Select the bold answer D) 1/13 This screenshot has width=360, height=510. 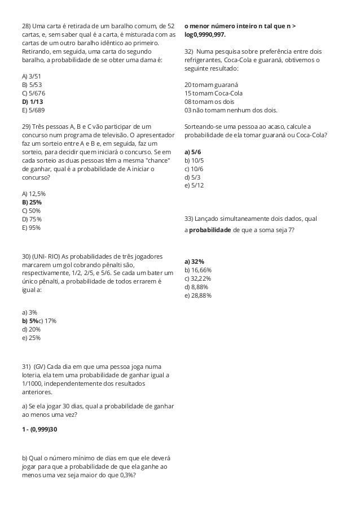[32, 102]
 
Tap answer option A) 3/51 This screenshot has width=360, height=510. [32, 76]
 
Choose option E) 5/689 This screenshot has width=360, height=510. [33, 110]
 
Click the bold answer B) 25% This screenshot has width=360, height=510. [32, 202]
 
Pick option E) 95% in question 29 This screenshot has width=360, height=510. [31, 228]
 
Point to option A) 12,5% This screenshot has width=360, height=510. [33, 194]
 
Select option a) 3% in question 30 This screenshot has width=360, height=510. [29, 312]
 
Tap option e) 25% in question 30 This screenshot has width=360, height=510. [30, 338]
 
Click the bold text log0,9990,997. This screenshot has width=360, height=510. [204, 35]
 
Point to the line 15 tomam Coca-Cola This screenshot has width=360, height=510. [213, 93]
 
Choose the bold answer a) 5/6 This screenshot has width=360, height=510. [192, 152]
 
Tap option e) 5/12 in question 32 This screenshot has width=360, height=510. [194, 185]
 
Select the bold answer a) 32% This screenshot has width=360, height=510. [194, 261]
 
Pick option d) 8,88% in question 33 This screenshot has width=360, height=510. [196, 287]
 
